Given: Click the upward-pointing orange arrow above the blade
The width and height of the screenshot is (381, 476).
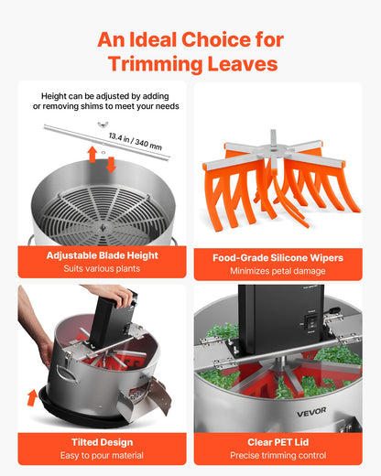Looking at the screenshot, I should [93, 153].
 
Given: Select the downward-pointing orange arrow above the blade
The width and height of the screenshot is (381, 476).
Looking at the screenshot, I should [111, 164].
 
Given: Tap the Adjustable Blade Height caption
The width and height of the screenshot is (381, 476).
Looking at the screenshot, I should [101, 256].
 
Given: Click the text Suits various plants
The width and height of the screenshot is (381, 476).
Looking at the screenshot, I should [101, 270].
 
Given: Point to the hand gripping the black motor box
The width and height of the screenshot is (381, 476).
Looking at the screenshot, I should [114, 296].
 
